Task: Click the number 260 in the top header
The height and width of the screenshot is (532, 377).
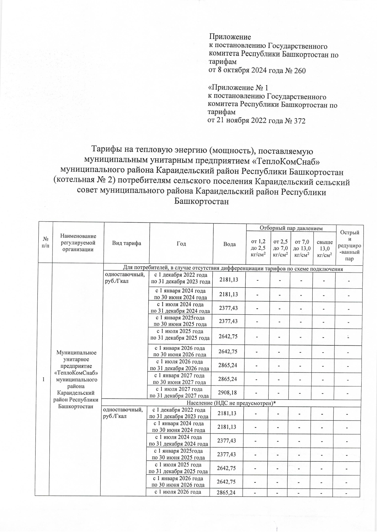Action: click(x=299, y=71)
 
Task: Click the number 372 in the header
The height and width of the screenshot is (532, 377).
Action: click(x=299, y=121)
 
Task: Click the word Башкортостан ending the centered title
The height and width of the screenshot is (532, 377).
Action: click(x=201, y=202)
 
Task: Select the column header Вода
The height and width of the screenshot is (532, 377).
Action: click(x=229, y=244)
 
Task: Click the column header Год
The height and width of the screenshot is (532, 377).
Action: click(x=181, y=243)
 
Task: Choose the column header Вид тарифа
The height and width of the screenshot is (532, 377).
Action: click(x=127, y=243)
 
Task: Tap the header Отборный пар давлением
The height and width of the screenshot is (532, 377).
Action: click(x=291, y=228)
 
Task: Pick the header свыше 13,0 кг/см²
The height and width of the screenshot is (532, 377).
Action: click(x=325, y=248)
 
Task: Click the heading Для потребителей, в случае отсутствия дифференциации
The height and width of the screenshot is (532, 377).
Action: click(x=232, y=269)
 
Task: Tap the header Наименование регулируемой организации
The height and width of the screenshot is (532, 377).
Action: click(x=78, y=243)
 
